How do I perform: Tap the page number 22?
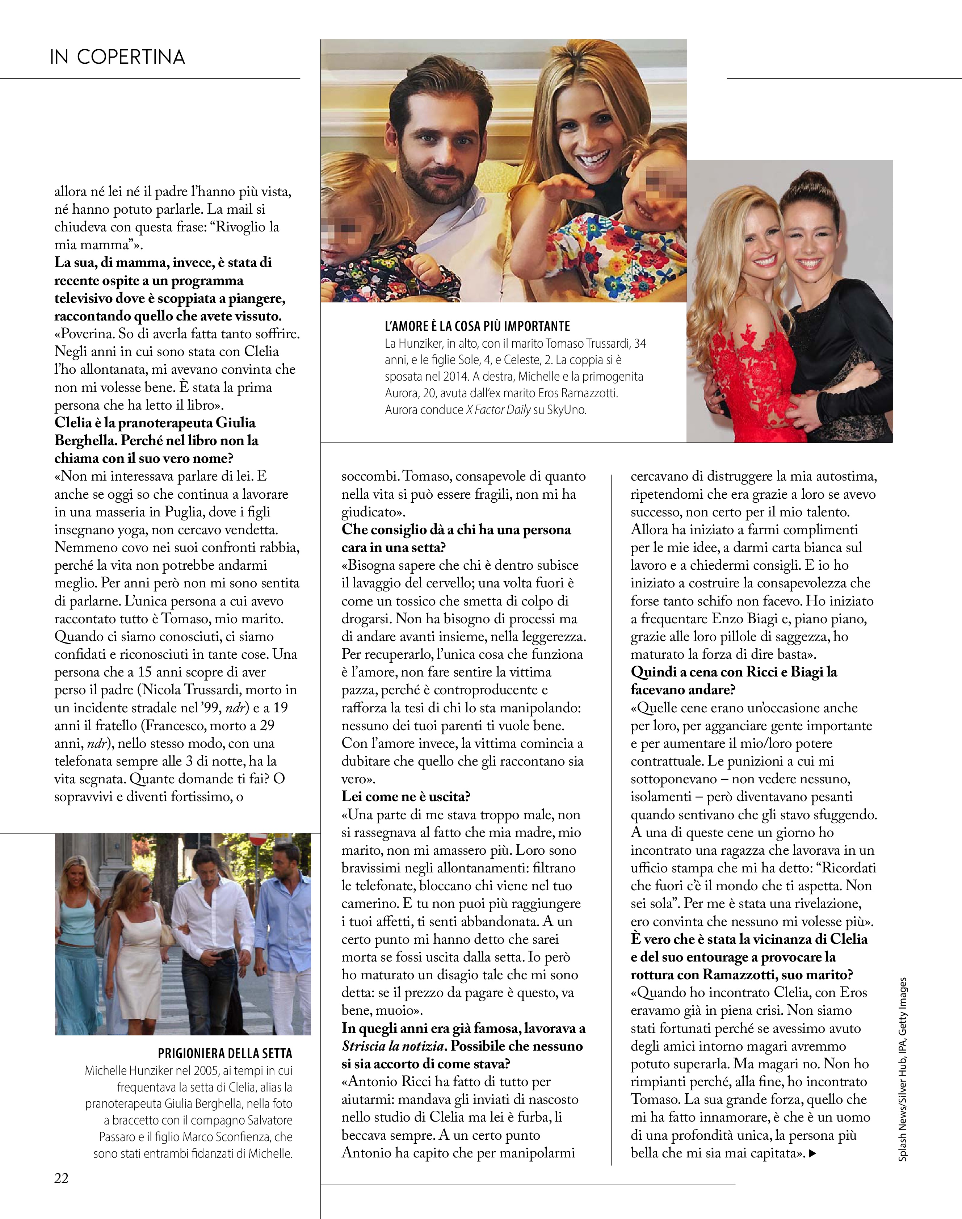click(62, 1178)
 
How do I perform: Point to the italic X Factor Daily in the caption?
click(498, 410)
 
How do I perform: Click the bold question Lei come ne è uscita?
click(406, 796)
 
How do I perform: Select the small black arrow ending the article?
click(812, 1153)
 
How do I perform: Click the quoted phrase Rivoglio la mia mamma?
click(169, 235)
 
